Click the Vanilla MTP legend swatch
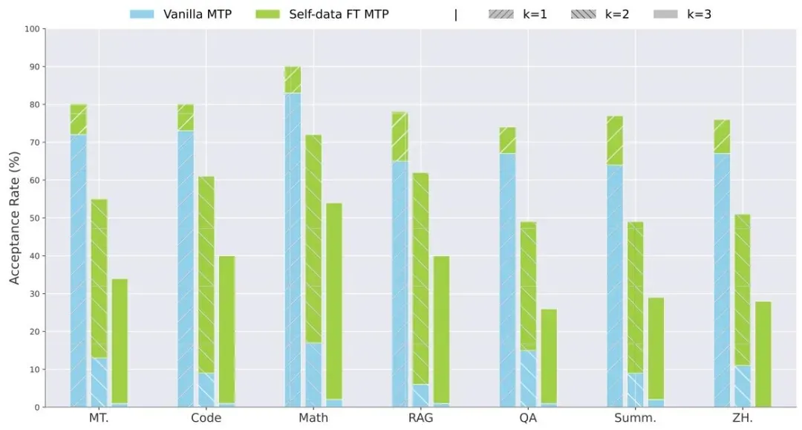click(x=142, y=13)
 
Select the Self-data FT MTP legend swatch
click(x=267, y=13)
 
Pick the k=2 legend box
click(x=584, y=13)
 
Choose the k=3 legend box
click(x=665, y=13)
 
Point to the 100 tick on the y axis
click(x=31, y=29)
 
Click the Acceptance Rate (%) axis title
click(x=15, y=218)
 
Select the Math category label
click(x=313, y=418)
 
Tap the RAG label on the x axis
click(x=420, y=418)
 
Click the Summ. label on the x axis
click(x=635, y=418)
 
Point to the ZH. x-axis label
click(x=742, y=418)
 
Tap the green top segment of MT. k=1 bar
click(x=79, y=120)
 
